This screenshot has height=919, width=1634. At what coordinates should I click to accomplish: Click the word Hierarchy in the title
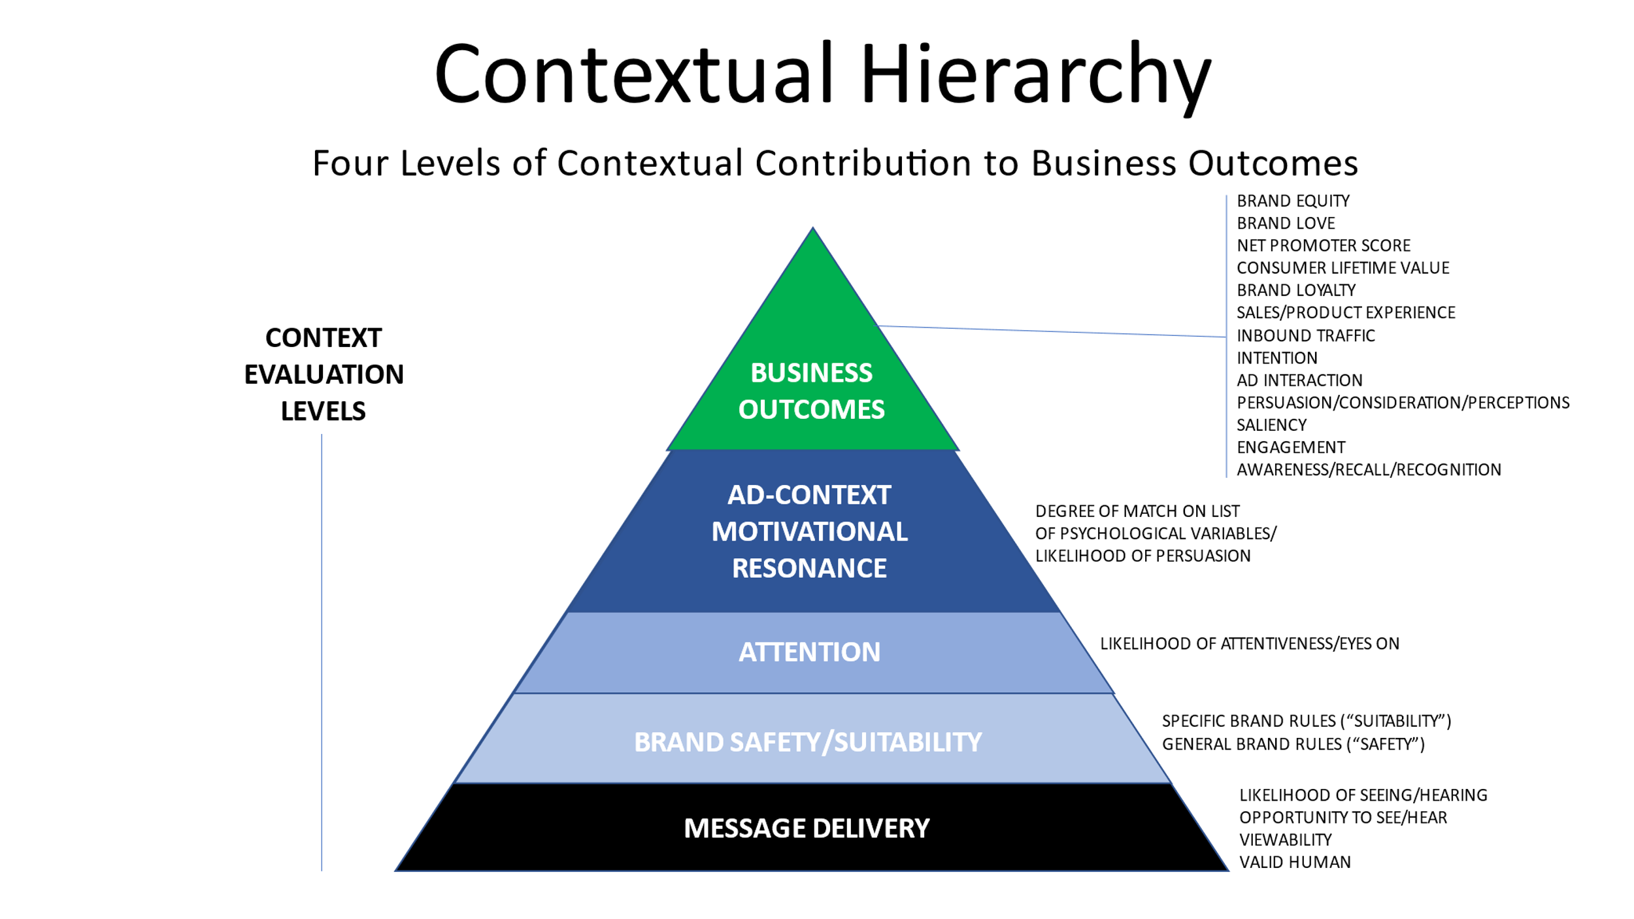pyautogui.click(x=1035, y=75)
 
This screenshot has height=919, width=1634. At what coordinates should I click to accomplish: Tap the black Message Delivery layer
pyautogui.click(x=807, y=828)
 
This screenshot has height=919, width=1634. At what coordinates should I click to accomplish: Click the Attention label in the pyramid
pyautogui.click(x=809, y=652)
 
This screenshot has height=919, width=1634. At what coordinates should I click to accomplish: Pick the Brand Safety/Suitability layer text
pyautogui.click(x=808, y=742)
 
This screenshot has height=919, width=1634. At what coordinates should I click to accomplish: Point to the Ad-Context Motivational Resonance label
pyautogui.click(x=809, y=531)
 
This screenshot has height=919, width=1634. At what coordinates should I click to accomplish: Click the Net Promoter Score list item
pyautogui.click(x=1323, y=246)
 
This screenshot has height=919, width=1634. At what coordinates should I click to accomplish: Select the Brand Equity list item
pyautogui.click(x=1292, y=201)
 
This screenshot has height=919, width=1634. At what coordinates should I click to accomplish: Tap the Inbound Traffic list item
pyautogui.click(x=1305, y=336)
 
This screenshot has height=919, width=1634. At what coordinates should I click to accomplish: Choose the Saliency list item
pyautogui.click(x=1271, y=426)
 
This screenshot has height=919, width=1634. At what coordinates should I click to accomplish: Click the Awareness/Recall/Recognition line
pyautogui.click(x=1369, y=470)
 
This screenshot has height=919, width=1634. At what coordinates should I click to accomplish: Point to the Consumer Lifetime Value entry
pyautogui.click(x=1342, y=268)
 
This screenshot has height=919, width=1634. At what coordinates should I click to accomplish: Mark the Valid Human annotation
pyautogui.click(x=1294, y=863)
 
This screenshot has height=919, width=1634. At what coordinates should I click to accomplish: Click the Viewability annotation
pyautogui.click(x=1285, y=840)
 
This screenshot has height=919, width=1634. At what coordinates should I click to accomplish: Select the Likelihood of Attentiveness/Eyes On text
pyautogui.click(x=1249, y=644)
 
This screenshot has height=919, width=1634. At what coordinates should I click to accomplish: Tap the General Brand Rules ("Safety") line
pyautogui.click(x=1292, y=744)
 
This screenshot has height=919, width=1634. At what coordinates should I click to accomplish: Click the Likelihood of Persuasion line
pyautogui.click(x=1142, y=556)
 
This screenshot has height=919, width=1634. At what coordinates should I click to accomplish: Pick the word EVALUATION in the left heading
pyautogui.click(x=324, y=375)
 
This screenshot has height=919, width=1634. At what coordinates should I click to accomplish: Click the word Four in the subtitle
pyautogui.click(x=350, y=163)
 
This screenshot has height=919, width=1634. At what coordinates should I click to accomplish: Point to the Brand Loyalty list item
pyautogui.click(x=1295, y=290)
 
